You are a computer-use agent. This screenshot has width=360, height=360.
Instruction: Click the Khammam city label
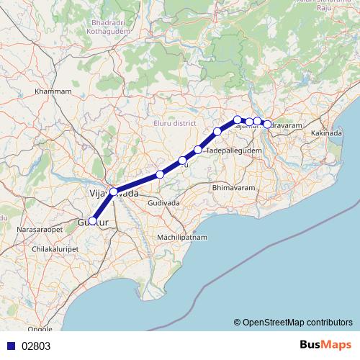click(x=53, y=92)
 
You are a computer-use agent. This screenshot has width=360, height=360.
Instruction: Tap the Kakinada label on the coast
click(x=328, y=133)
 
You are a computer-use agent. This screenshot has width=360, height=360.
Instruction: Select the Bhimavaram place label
click(x=233, y=187)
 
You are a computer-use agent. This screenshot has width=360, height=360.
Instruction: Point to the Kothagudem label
click(x=108, y=32)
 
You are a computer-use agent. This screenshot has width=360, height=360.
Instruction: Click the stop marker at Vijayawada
click(x=113, y=192)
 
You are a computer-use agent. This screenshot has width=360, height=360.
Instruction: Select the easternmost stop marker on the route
click(x=268, y=125)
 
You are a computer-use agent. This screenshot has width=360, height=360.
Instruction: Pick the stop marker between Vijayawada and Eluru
click(x=160, y=174)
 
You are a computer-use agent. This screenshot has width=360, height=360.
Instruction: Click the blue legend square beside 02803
click(x=8, y=346)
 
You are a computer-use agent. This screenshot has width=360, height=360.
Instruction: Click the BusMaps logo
click(x=325, y=345)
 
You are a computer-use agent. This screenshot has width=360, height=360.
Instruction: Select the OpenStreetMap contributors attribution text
click(x=293, y=322)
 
